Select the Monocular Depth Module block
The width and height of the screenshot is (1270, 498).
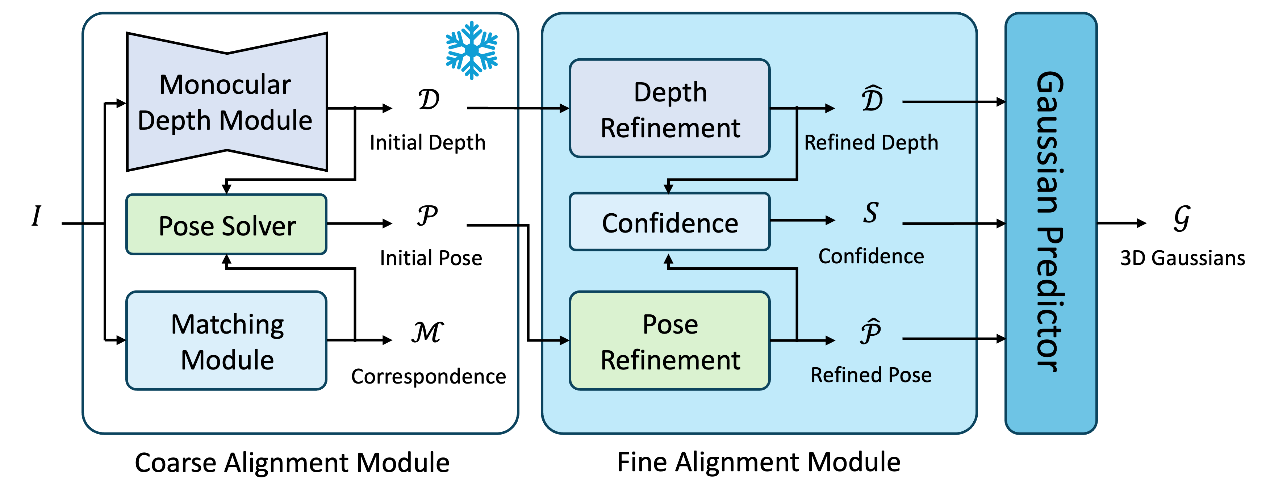(x=227, y=102)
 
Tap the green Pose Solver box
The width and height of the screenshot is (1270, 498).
(x=227, y=225)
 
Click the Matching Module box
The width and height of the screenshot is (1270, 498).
(x=227, y=341)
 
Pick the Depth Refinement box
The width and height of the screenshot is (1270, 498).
(x=669, y=109)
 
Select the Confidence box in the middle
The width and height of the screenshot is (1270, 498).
(x=669, y=222)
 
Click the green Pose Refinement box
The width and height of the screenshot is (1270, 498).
(x=669, y=341)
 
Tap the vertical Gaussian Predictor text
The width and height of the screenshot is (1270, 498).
(x=1050, y=222)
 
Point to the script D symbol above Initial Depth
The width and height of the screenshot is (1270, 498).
(x=429, y=100)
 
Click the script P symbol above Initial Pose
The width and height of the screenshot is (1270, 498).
(x=427, y=215)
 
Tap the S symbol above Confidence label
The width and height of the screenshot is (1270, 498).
(x=871, y=213)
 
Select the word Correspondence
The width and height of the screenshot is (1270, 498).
(x=429, y=376)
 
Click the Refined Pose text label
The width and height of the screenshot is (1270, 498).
(x=871, y=375)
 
